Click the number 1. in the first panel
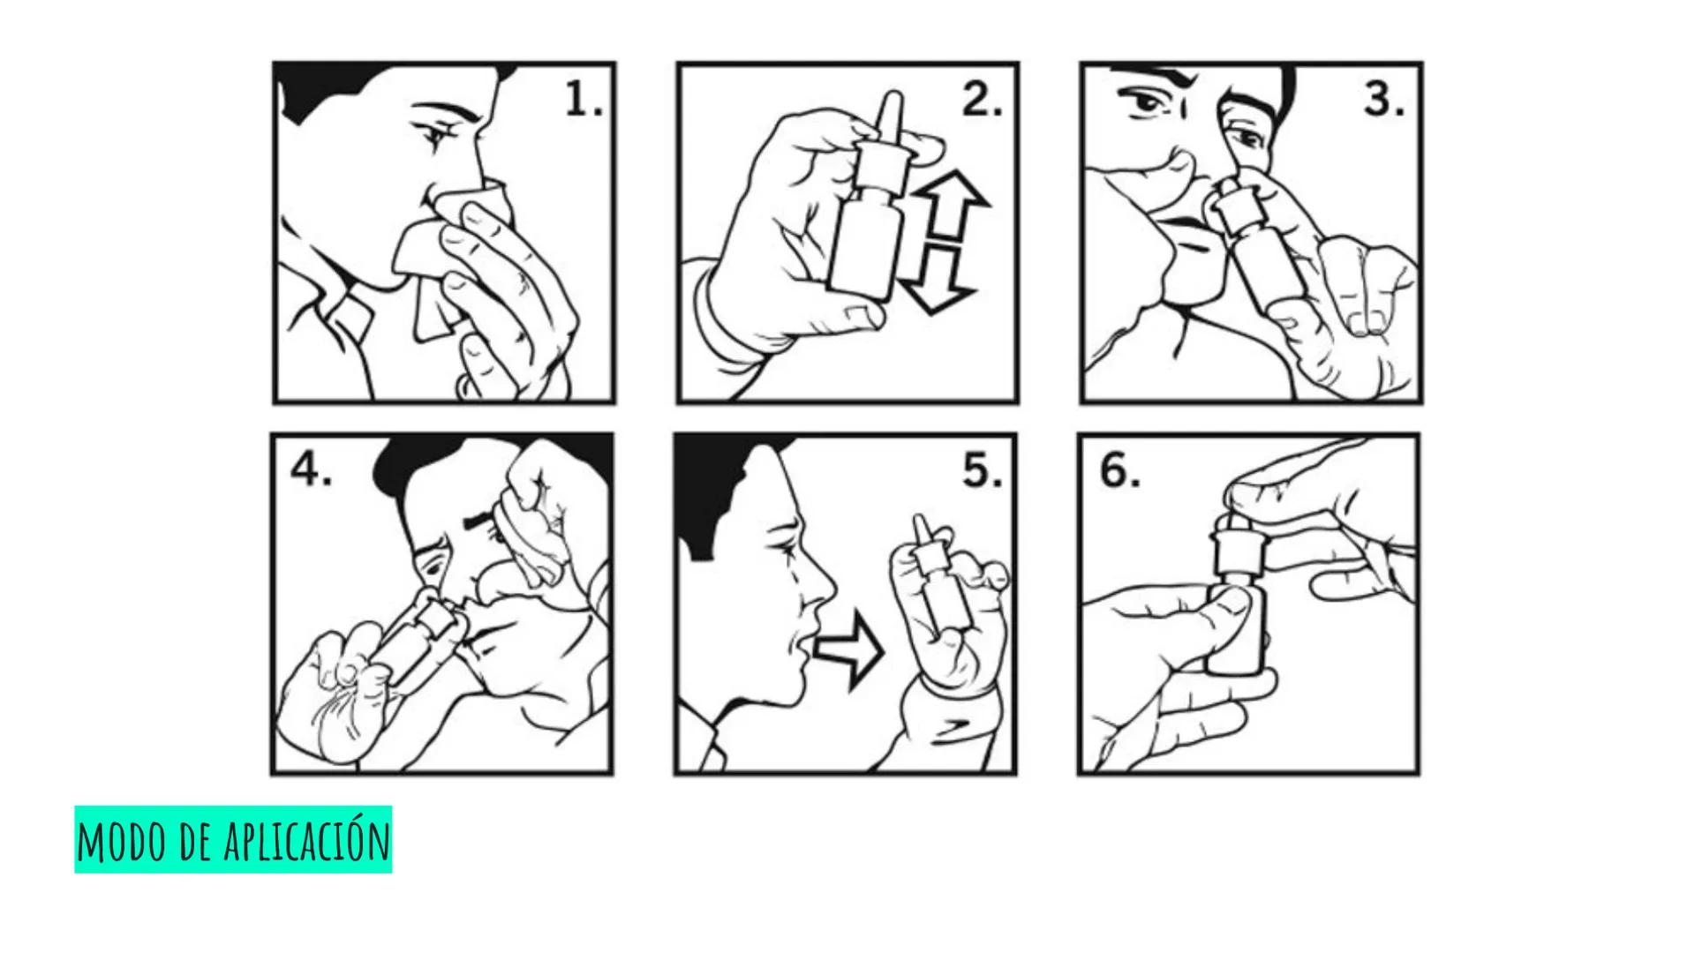(x=583, y=101)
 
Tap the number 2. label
(x=982, y=101)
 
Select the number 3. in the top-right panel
(x=1384, y=101)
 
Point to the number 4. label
(x=311, y=471)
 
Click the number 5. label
(x=982, y=471)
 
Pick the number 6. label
(x=1119, y=471)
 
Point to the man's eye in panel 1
(x=436, y=134)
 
